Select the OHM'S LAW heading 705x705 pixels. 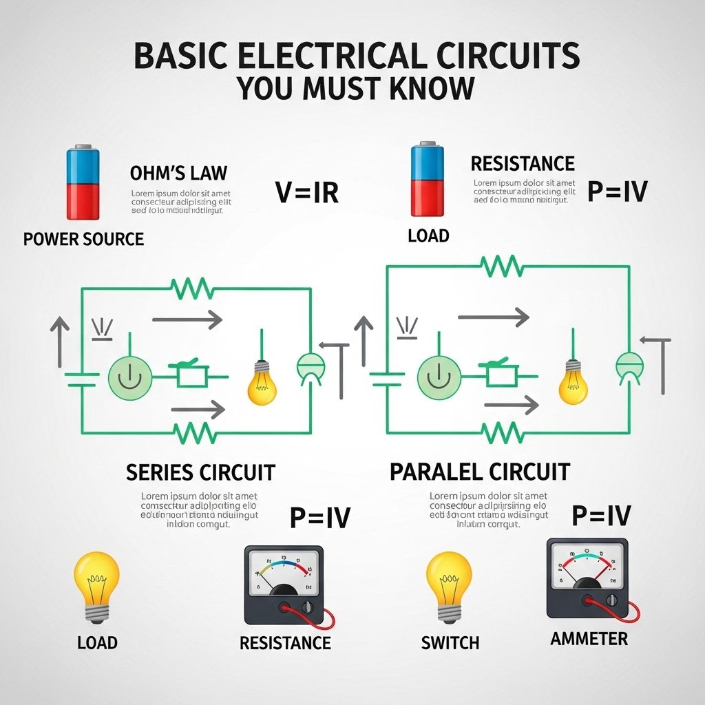point(178,173)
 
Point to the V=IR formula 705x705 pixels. point(307,192)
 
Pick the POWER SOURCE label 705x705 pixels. point(83,239)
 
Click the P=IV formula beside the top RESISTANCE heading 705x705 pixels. point(617,191)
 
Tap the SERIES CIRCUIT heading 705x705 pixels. point(200,472)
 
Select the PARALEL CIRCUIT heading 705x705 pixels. point(480,472)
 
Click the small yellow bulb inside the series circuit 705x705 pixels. point(262,381)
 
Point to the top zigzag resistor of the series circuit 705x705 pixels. point(191,288)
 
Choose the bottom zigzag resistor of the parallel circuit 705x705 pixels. point(503,433)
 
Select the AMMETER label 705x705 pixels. point(589,639)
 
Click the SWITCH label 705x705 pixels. point(450,643)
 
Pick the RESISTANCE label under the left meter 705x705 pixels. point(285,643)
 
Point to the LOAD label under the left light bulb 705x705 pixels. point(97,643)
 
